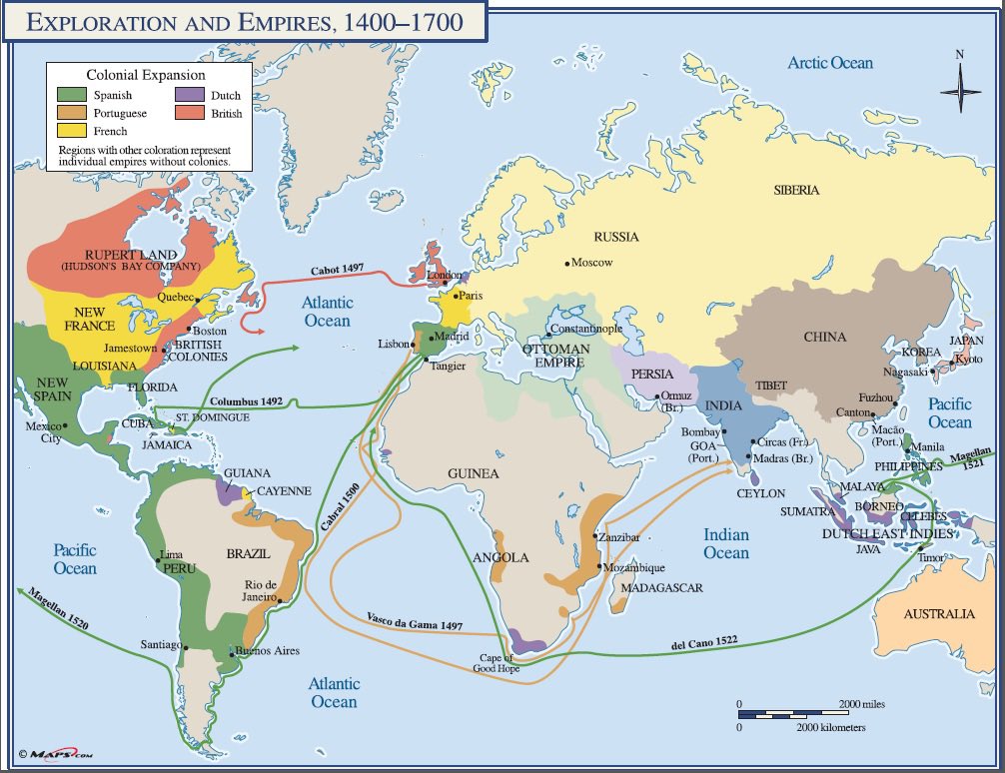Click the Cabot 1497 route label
[x=337, y=270]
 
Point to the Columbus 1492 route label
[x=247, y=401]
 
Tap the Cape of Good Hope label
[x=496, y=662]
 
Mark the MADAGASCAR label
[x=662, y=588]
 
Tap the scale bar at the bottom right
[x=795, y=715]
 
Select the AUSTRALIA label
[x=939, y=614]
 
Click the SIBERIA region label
[x=795, y=190]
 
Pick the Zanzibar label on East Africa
[x=619, y=536]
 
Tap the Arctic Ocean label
[x=830, y=63]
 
